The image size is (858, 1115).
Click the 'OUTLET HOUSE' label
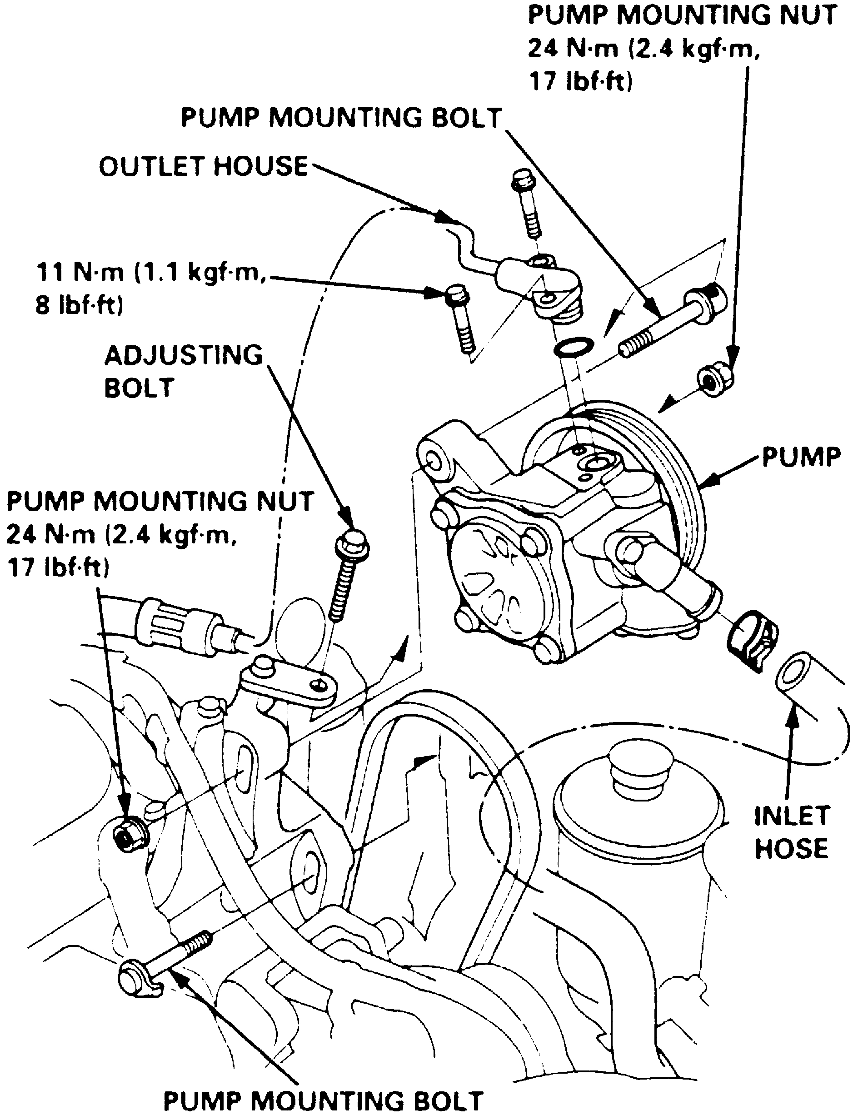click(203, 166)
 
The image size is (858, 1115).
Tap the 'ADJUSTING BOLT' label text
click(183, 371)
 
